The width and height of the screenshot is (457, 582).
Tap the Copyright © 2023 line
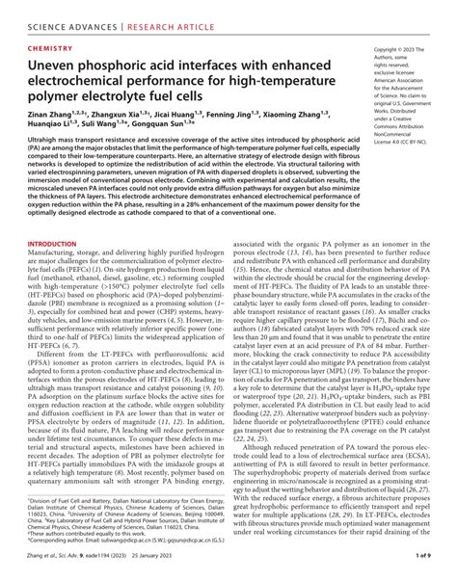tap(397, 47)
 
